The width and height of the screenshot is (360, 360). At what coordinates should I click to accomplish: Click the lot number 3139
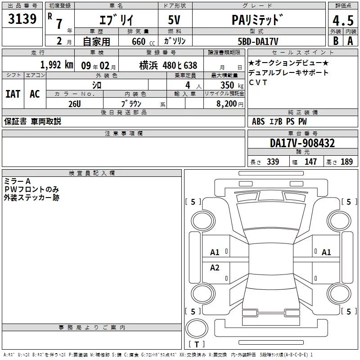[x=22, y=19]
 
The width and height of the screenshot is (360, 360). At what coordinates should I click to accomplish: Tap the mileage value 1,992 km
[x=56, y=65]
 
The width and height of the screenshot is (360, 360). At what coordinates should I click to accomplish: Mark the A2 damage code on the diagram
[x=215, y=268]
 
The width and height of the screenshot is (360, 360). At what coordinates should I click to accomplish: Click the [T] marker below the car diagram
[x=197, y=345]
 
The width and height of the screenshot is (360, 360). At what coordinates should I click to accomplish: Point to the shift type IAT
[x=13, y=94]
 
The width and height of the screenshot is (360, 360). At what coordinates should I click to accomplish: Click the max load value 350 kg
[x=229, y=85]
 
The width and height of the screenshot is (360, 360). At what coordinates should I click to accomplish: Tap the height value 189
[x=346, y=162]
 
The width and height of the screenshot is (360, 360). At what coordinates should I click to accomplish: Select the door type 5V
[x=175, y=20]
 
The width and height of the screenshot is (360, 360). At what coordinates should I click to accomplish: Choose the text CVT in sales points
[x=258, y=82]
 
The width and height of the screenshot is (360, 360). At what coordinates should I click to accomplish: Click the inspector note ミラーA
[x=18, y=181]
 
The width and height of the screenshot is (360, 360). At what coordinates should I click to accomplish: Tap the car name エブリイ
[x=115, y=20]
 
